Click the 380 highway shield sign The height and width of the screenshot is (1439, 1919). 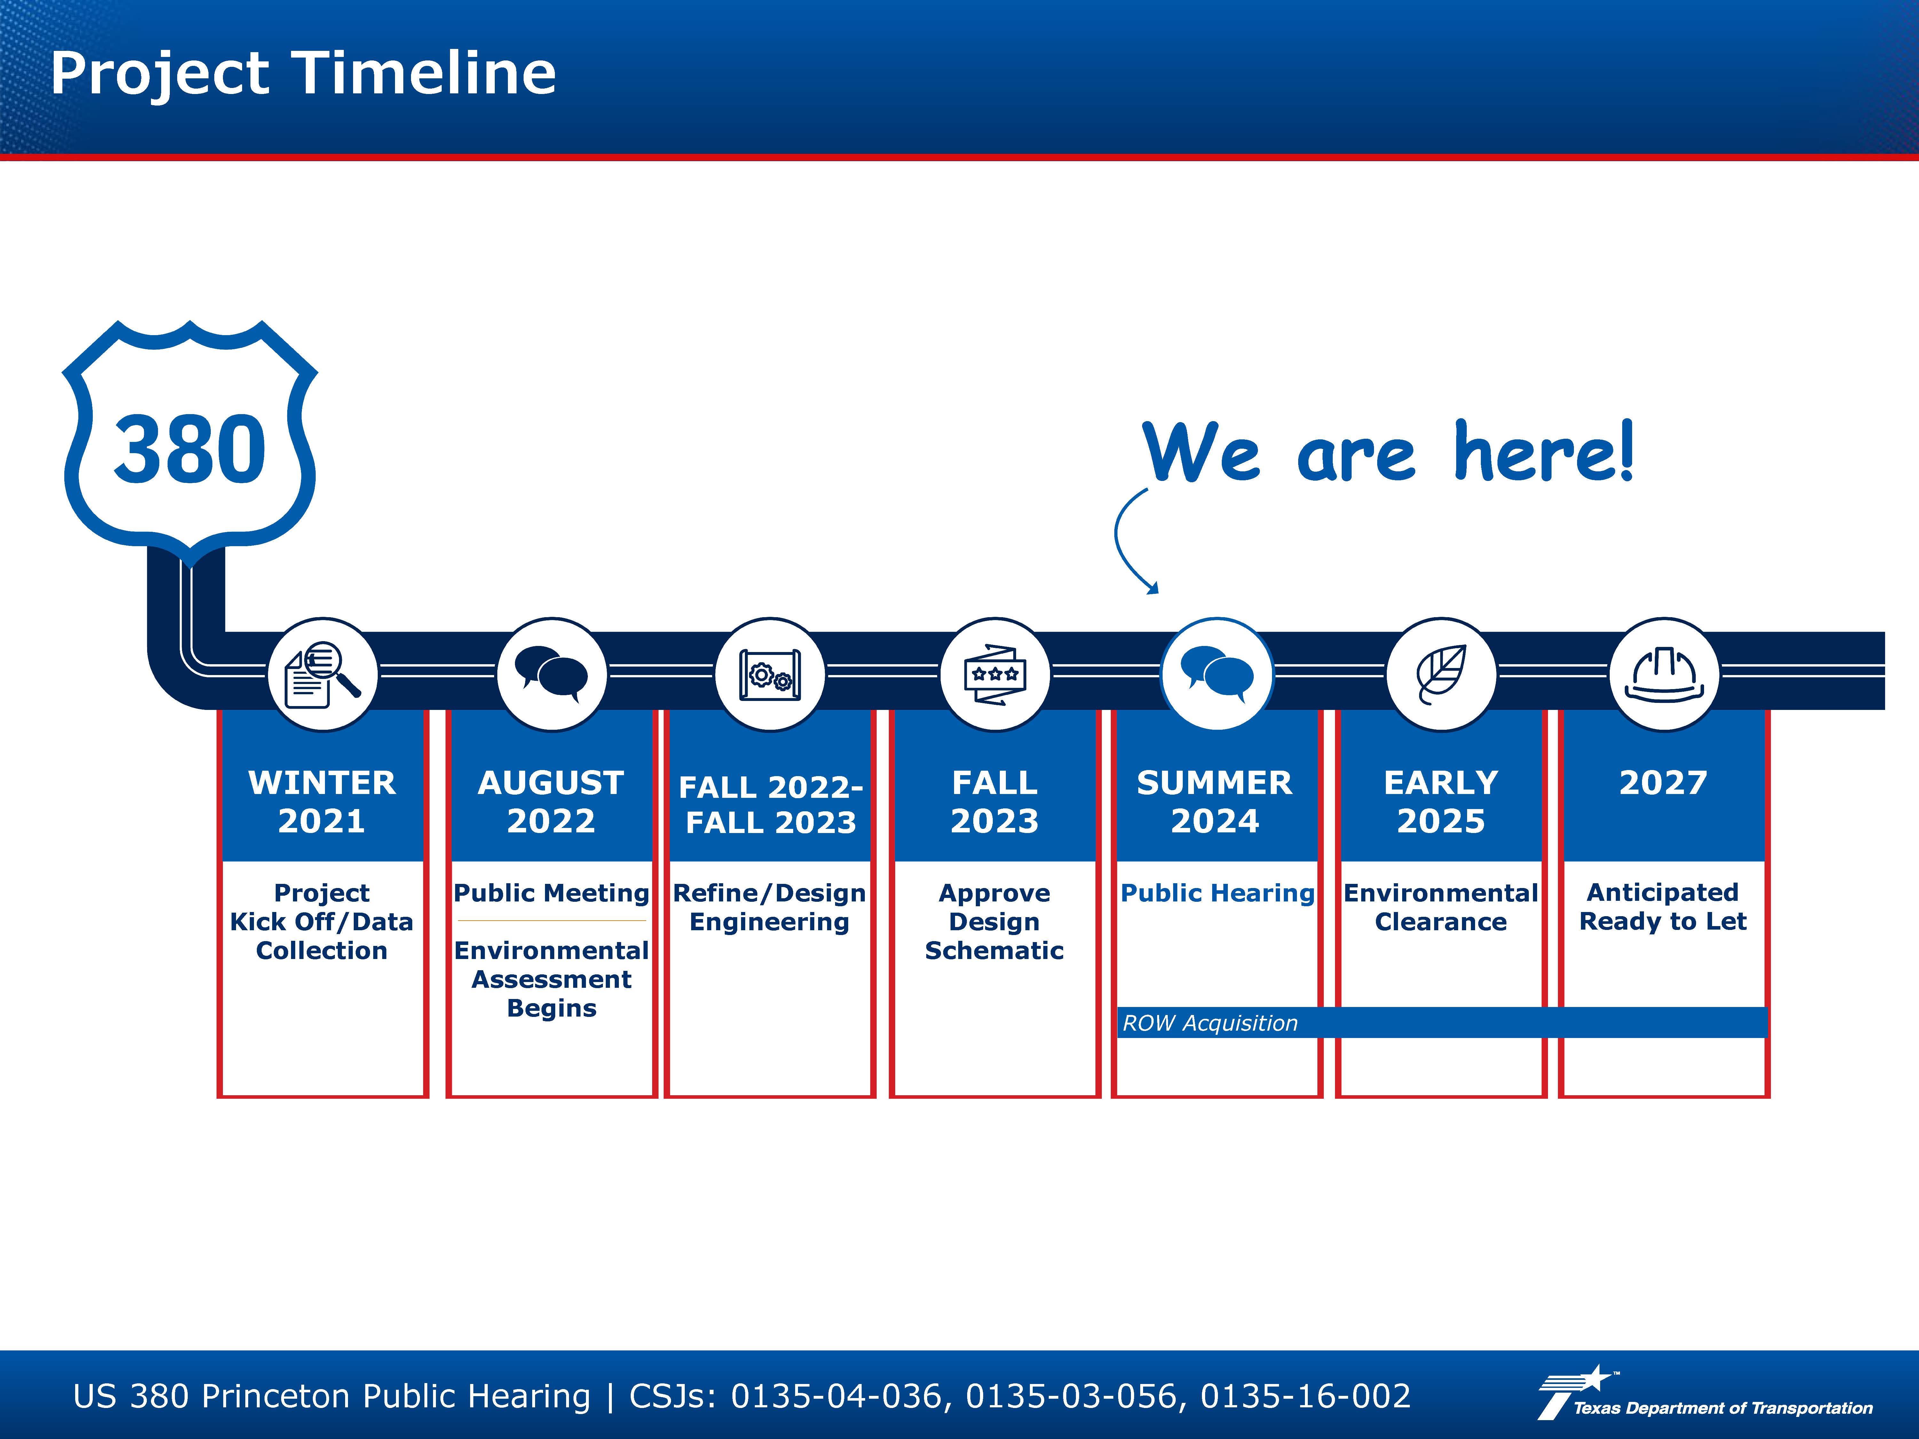(x=190, y=442)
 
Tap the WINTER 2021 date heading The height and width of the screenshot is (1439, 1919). (x=322, y=801)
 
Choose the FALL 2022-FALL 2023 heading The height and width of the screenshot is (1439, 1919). (x=770, y=804)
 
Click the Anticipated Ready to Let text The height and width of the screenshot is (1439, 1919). (x=1663, y=907)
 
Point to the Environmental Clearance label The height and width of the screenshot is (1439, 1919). (x=1441, y=907)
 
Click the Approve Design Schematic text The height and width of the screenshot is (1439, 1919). (x=994, y=921)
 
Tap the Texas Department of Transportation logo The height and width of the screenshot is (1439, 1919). (x=1705, y=1393)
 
